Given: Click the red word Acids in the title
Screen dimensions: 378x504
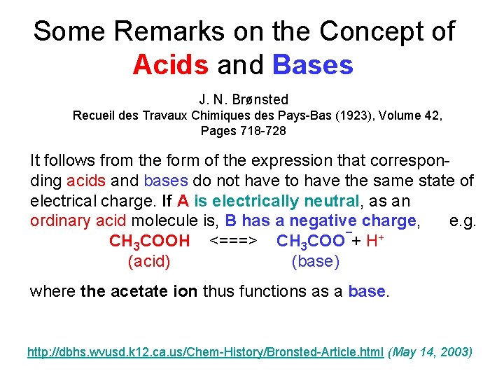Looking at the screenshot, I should click(170, 65).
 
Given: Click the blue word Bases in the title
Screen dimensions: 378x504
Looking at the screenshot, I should click(313, 65).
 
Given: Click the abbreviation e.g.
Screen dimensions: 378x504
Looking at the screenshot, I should click(463, 221).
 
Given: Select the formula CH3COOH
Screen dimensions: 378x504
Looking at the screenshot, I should click(150, 241).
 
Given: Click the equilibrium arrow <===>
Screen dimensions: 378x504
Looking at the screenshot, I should click(234, 241).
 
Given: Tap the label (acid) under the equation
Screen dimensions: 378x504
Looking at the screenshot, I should click(149, 262).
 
